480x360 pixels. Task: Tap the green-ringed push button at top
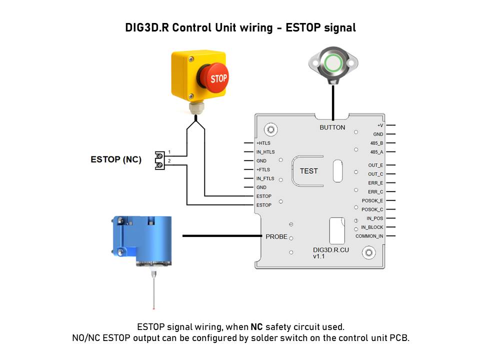333,63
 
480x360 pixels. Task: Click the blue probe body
142,240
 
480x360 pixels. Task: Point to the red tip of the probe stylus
153,308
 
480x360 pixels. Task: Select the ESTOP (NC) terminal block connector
160,160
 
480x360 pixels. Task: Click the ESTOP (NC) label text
116,159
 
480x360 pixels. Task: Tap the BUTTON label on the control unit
332,127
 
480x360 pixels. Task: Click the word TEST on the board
309,171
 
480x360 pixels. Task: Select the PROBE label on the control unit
276,236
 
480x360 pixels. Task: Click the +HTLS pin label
263,143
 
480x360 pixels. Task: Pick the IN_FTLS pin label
265,178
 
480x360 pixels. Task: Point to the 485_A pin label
376,152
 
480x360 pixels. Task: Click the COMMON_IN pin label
369,236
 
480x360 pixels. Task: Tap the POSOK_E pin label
372,200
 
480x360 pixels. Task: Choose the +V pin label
380,125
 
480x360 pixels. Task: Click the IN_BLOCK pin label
372,227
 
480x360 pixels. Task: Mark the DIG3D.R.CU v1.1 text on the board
330,253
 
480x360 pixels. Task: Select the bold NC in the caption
256,327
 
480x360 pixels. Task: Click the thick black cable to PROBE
222,236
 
